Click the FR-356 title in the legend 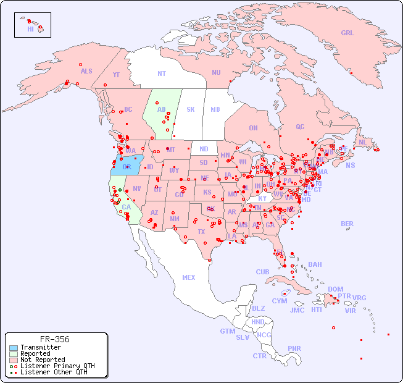pos(55,339)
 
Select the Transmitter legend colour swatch pos(12,347)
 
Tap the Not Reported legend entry pos(42,360)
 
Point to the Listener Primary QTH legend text pos(57,366)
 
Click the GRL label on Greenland pos(347,33)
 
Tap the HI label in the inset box pos(30,28)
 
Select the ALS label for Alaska pos(86,71)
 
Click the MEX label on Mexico pos(189,277)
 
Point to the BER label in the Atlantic pos(347,224)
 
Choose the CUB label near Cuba pos(262,272)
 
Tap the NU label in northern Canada pos(216,72)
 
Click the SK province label pos(191,109)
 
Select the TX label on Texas pos(201,232)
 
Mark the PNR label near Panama pos(294,348)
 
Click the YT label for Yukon pos(116,75)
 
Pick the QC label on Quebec pos(300,127)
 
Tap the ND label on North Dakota pos(204,149)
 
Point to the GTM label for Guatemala pos(227,331)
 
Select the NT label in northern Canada pos(161,73)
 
